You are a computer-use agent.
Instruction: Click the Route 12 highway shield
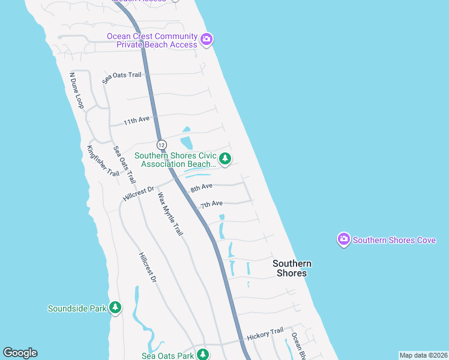point(161,145)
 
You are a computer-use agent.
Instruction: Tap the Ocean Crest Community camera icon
point(206,40)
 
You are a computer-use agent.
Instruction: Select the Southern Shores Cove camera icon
point(344,239)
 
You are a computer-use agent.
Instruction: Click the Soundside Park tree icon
point(115,308)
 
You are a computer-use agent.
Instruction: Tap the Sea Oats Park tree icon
point(203,355)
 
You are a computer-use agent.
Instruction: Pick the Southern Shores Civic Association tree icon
point(225,158)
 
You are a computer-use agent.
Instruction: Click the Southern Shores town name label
point(292,268)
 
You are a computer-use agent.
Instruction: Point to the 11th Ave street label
point(136,121)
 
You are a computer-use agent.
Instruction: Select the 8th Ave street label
point(202,188)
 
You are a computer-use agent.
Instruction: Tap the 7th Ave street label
point(211,205)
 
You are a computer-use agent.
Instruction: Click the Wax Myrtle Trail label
point(170,214)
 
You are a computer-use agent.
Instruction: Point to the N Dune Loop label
point(76,91)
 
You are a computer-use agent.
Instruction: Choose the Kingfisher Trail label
point(103,161)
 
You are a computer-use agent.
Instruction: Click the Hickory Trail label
point(265,332)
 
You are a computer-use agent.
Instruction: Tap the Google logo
point(20,353)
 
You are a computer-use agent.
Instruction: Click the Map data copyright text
point(423,355)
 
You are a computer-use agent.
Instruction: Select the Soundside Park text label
point(77,308)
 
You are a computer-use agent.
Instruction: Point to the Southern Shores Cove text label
point(394,240)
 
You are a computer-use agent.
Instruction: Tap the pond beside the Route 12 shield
point(185,142)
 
